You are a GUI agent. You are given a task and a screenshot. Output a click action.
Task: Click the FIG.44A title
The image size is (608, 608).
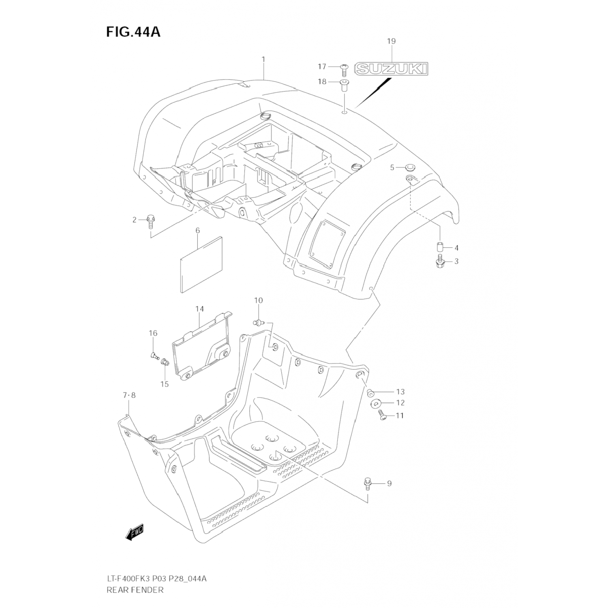[133, 32]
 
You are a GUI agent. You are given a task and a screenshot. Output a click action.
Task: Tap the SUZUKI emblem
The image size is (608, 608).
[391, 69]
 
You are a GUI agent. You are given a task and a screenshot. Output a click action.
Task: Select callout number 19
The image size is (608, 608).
[391, 41]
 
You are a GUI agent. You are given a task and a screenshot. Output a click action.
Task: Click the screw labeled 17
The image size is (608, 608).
[344, 69]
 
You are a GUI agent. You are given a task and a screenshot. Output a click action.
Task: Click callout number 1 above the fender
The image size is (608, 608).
[263, 60]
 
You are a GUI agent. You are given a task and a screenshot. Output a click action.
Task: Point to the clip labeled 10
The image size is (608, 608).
[258, 322]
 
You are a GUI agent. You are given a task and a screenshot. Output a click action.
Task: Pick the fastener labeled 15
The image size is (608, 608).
[165, 362]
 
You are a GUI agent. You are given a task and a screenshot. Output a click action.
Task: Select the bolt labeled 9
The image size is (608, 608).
[368, 483]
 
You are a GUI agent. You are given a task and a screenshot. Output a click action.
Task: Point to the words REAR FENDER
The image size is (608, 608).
[135, 590]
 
